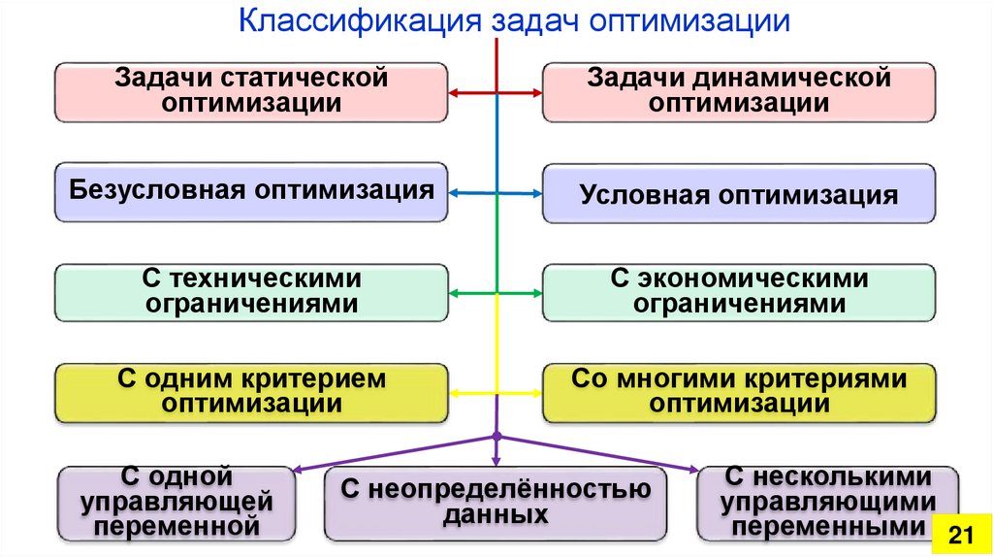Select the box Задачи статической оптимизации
(251, 91)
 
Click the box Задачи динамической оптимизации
(738, 91)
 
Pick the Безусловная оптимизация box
(251, 192)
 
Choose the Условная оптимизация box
(738, 193)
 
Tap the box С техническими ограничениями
(251, 292)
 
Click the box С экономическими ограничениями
(738, 292)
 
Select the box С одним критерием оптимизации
(251, 392)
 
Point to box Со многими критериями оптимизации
(738, 392)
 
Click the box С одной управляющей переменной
(176, 503)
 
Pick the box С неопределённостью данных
(496, 503)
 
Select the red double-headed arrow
(496, 93)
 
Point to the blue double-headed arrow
(496, 193)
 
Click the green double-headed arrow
(496, 292)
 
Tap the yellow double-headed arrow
(496, 392)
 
